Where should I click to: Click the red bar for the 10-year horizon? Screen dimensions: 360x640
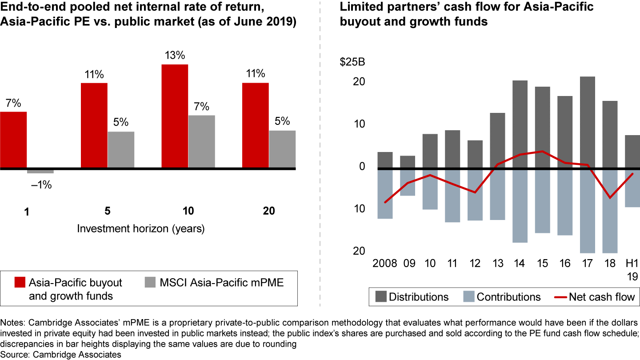(175, 116)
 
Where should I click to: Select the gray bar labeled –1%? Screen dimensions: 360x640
(40, 171)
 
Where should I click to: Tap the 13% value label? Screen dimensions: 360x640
(175, 56)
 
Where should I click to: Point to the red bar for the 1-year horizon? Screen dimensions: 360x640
(13, 140)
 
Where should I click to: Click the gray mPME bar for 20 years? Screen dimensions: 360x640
(282, 149)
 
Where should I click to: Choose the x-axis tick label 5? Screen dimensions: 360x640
(107, 211)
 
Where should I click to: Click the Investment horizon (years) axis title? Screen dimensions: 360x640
(141, 229)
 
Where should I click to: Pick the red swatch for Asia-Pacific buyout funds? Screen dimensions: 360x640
(20, 283)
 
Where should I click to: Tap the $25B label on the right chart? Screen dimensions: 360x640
(352, 62)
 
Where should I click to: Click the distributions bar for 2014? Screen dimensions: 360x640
(520, 124)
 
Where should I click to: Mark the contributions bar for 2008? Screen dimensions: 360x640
(385, 194)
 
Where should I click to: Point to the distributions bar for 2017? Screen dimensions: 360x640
(588, 123)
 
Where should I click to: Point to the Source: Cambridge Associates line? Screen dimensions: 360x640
(61, 355)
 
